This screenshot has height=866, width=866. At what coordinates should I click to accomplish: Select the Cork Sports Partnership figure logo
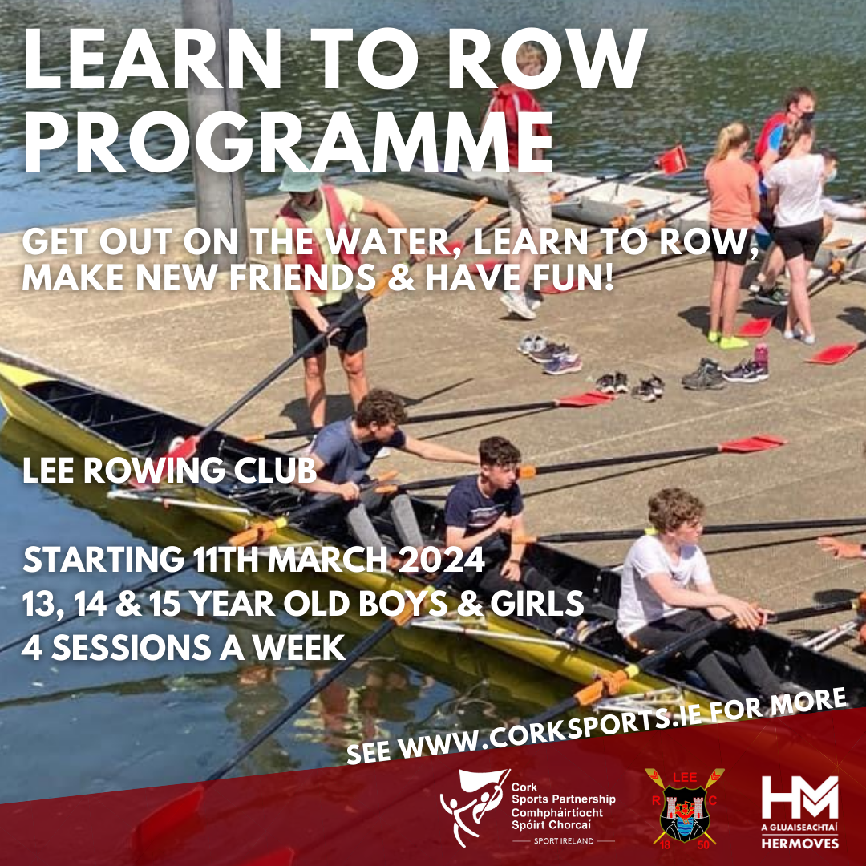point(473,806)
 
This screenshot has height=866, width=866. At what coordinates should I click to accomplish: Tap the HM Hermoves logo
point(799,798)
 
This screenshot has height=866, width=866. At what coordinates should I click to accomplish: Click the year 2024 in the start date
point(440,560)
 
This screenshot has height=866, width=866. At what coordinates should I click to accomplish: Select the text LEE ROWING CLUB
point(170,471)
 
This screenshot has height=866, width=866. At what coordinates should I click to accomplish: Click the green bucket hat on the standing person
point(299,179)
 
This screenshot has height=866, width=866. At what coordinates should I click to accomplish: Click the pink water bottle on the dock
point(760,354)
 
